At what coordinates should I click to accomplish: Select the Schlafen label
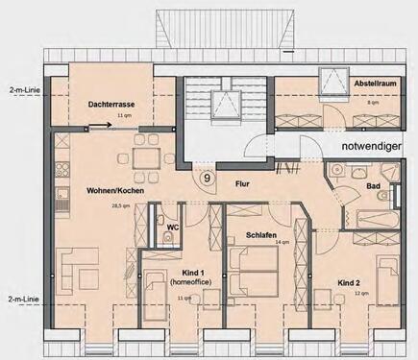pyautogui.click(x=260, y=233)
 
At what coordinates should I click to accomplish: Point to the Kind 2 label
pyautogui.click(x=350, y=282)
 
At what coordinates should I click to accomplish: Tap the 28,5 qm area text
pyautogui.click(x=120, y=205)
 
